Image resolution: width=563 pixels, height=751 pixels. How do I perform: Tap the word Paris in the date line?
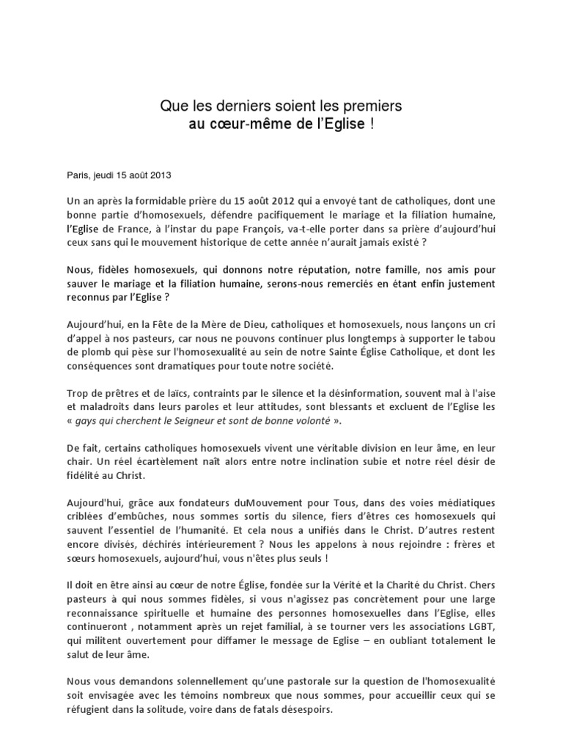pos(77,175)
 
